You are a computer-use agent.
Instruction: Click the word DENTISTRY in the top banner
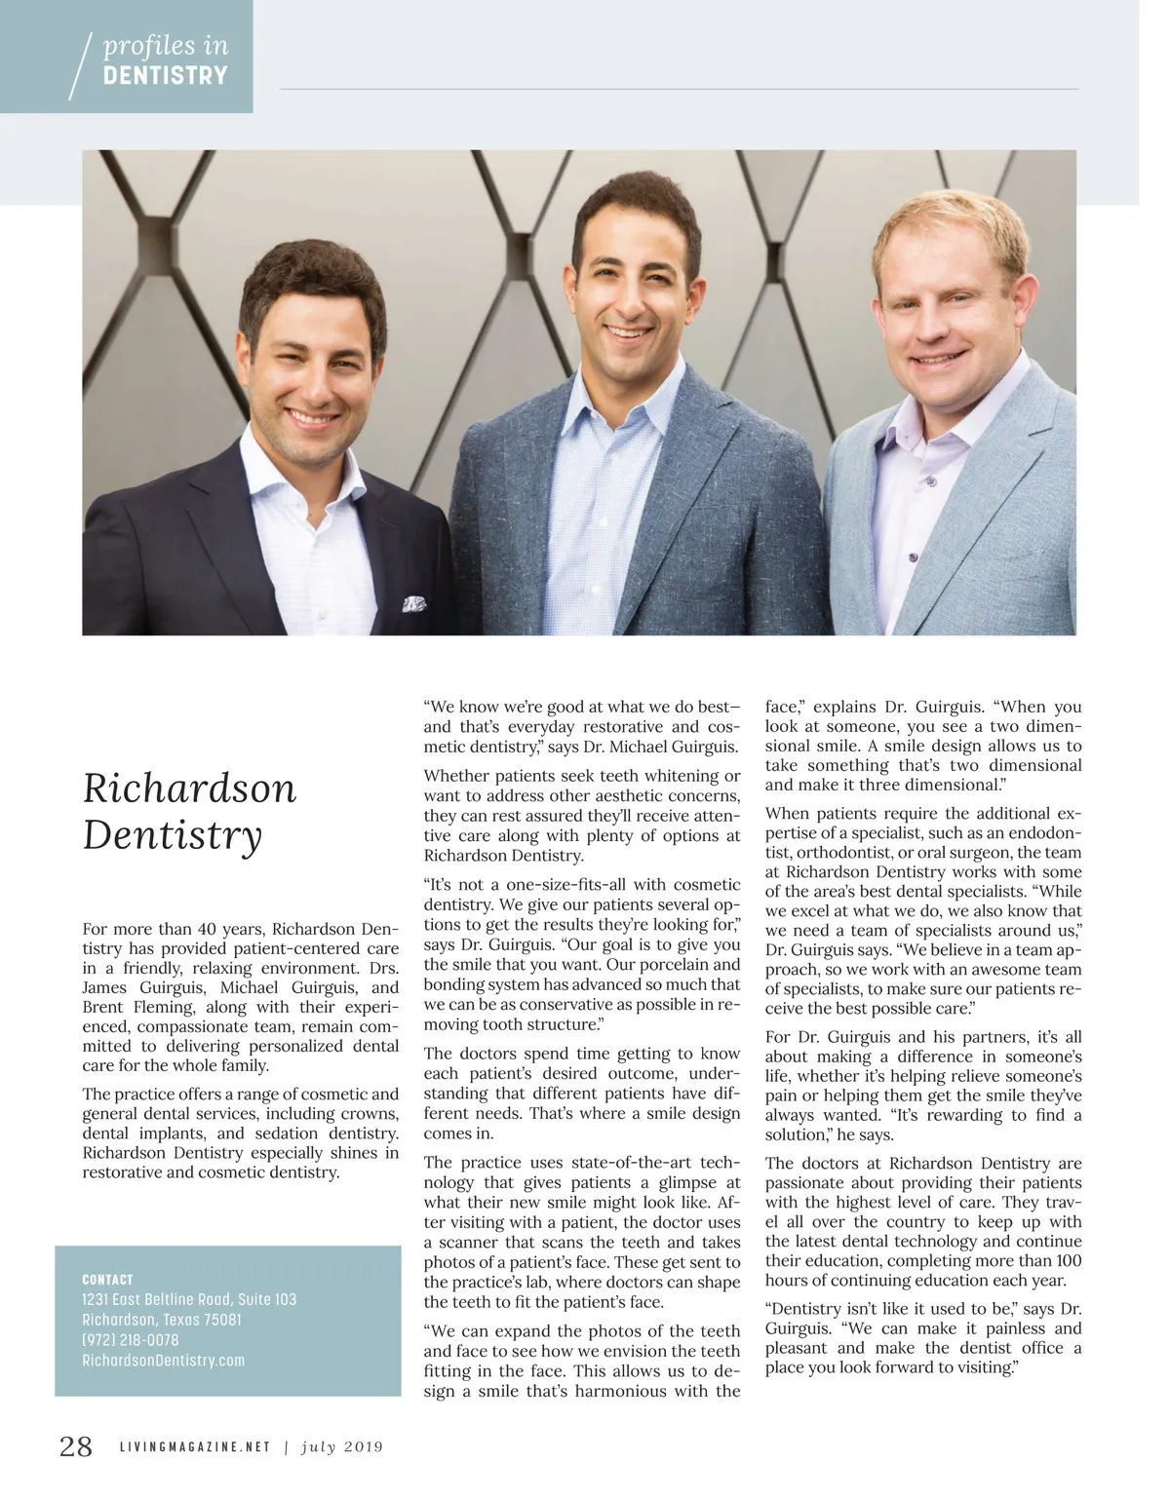click(165, 76)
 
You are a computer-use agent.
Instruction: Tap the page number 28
click(76, 1446)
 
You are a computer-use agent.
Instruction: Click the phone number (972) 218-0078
click(131, 1340)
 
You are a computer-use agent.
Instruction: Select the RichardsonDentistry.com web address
click(163, 1361)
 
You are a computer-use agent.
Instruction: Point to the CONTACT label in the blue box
click(107, 1280)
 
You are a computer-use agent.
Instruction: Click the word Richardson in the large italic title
click(189, 788)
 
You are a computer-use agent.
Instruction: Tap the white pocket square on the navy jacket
click(413, 603)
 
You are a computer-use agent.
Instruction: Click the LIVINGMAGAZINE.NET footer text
click(195, 1447)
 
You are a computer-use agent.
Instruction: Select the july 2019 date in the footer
click(341, 1447)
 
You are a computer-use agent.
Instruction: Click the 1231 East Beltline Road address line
click(189, 1299)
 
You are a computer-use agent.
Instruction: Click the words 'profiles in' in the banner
click(165, 46)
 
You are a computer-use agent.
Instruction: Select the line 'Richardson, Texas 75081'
click(162, 1320)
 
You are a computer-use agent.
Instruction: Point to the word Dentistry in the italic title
click(173, 836)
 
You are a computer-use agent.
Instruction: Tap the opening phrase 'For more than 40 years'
click(175, 929)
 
